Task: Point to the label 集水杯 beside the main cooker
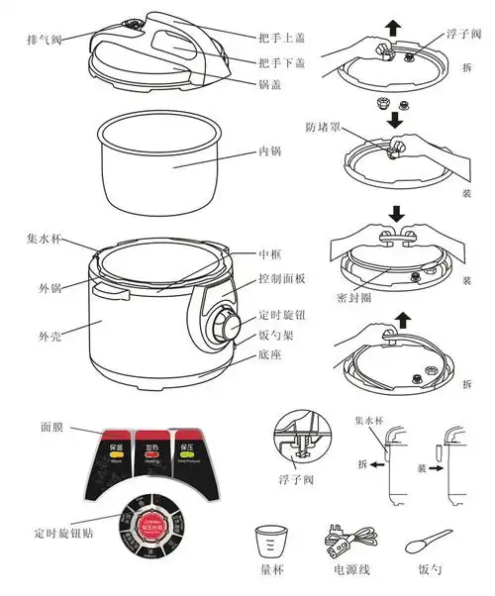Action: tap(46, 239)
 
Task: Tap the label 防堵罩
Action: tap(325, 127)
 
